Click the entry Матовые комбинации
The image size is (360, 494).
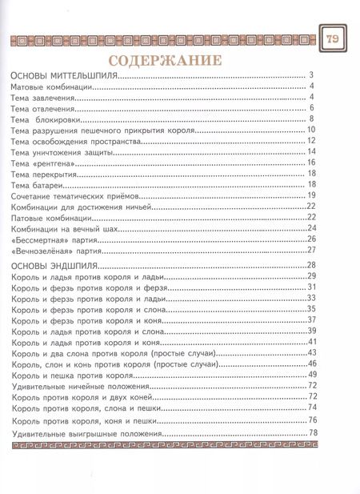(50, 86)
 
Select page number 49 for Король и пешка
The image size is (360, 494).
(313, 375)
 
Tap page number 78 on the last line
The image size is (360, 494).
(313, 434)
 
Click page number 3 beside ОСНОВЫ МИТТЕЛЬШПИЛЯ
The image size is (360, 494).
(309, 76)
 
